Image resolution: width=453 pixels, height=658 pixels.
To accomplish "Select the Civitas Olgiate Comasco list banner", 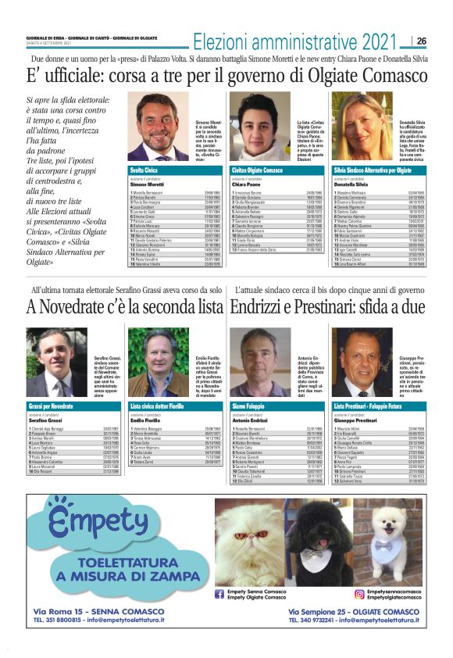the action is (x=278, y=169).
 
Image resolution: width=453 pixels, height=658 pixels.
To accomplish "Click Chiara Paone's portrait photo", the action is (x=258, y=129).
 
